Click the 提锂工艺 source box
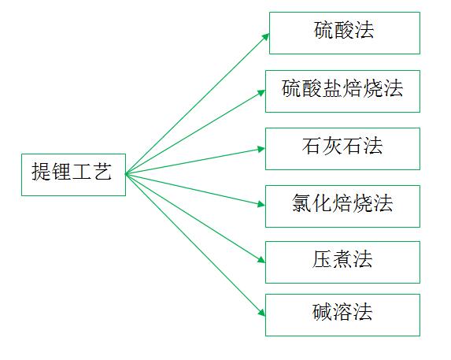click(74, 175)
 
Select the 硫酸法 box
click(345, 33)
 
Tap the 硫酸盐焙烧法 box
click(342, 91)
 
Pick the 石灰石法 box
click(342, 149)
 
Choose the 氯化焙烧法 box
click(342, 206)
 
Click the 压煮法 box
click(342, 262)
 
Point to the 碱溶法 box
click(342, 315)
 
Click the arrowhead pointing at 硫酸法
click(266, 36)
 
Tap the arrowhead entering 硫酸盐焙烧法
click(262, 93)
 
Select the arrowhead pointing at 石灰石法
click(261, 149)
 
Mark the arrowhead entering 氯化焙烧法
click(261, 204)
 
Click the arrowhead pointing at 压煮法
click(261, 260)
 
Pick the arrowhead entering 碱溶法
click(262, 313)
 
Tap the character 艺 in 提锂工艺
click(102, 172)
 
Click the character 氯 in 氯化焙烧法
click(301, 203)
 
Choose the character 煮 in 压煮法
click(342, 259)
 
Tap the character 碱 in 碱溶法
click(322, 312)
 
